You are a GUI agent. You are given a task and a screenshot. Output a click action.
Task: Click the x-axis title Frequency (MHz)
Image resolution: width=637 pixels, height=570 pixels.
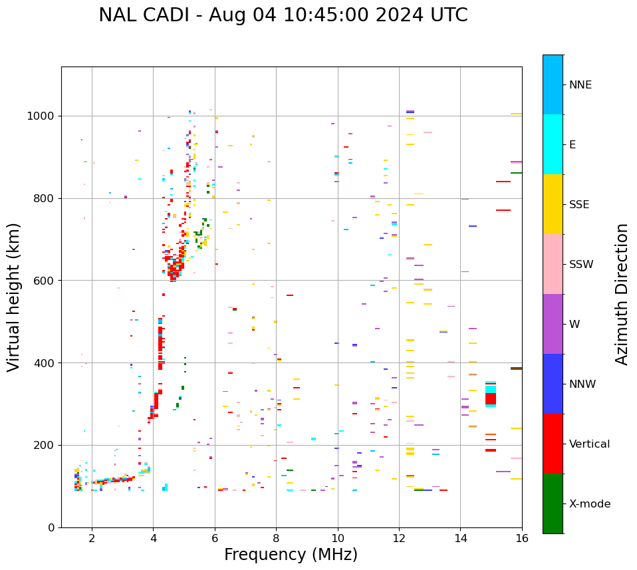click(x=291, y=555)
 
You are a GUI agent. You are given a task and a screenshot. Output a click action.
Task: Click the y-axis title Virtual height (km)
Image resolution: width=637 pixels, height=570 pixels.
click(x=14, y=297)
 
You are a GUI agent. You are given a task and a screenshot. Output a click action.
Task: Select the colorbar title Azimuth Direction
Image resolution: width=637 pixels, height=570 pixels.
click(x=622, y=294)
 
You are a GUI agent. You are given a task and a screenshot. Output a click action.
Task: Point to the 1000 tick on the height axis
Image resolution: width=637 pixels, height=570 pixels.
click(x=44, y=116)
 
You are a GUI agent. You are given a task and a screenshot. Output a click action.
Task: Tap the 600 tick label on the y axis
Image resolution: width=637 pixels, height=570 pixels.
click(x=47, y=281)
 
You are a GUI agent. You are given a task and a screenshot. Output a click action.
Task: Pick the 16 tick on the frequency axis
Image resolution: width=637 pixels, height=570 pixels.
click(x=522, y=538)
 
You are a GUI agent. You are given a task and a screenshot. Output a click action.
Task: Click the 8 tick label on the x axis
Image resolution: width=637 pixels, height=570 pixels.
click(x=276, y=538)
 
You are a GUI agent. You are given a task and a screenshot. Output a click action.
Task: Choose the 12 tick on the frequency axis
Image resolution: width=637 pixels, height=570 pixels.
click(x=399, y=538)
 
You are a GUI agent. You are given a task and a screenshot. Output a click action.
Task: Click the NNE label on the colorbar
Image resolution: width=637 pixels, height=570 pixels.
click(x=580, y=85)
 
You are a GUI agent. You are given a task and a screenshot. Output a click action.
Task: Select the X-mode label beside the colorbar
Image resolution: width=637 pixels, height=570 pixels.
click(x=589, y=504)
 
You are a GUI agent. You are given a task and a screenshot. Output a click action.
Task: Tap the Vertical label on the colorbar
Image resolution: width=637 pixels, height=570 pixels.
click(x=589, y=444)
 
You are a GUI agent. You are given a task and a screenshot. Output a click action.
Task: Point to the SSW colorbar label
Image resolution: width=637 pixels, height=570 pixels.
click(x=581, y=265)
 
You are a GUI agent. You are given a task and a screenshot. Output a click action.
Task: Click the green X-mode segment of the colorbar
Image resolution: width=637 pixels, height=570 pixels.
click(x=553, y=503)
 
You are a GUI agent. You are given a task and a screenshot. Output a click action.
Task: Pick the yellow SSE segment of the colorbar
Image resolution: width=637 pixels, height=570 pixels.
click(x=553, y=204)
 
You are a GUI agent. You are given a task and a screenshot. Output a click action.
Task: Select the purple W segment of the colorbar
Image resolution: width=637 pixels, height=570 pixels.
click(x=553, y=324)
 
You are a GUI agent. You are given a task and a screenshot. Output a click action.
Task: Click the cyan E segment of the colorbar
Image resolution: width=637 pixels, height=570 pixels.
click(x=553, y=144)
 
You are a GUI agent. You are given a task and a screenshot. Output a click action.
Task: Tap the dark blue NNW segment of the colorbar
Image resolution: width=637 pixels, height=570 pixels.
click(x=553, y=384)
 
